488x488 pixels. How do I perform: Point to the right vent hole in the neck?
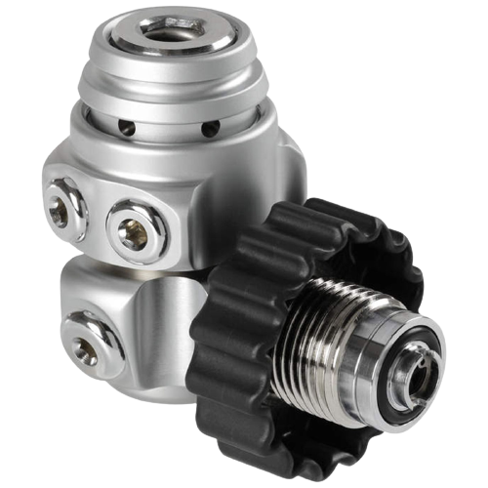[x=206, y=129]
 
